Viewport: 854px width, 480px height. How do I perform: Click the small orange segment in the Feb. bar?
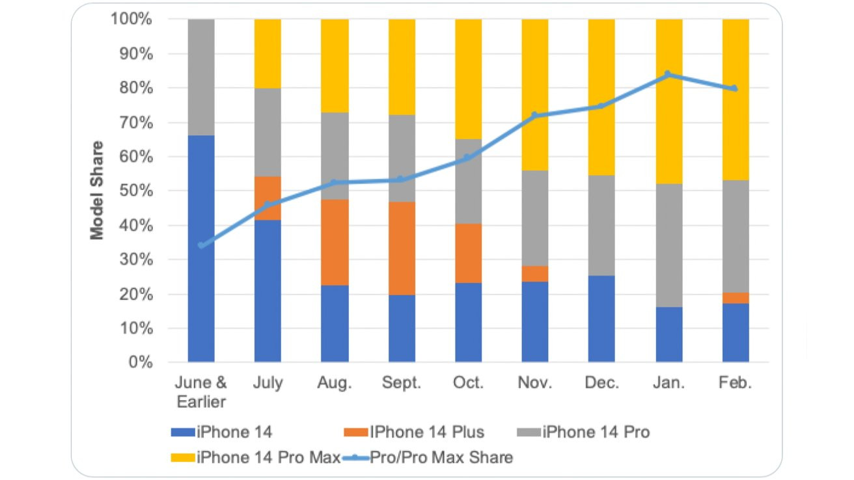click(x=736, y=298)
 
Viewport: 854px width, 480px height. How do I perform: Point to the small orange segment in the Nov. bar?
click(x=535, y=273)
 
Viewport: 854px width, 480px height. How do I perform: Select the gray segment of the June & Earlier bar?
click(x=201, y=77)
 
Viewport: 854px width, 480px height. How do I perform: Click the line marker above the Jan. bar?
click(x=667, y=74)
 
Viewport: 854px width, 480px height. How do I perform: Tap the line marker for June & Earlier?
click(x=201, y=245)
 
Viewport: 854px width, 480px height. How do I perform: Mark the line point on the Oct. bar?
click(x=468, y=157)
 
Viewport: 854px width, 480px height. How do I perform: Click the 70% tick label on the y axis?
click(x=137, y=122)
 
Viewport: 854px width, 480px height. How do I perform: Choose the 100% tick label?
click(x=133, y=20)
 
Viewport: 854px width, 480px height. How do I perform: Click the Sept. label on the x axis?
click(x=402, y=383)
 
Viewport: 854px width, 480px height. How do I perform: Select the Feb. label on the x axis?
click(x=736, y=383)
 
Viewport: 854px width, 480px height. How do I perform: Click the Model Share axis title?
click(x=97, y=191)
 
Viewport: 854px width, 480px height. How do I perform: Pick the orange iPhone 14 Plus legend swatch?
click(x=355, y=431)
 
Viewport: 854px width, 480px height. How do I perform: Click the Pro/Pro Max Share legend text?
click(x=441, y=457)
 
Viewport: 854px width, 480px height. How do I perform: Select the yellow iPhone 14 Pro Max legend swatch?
click(x=183, y=457)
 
